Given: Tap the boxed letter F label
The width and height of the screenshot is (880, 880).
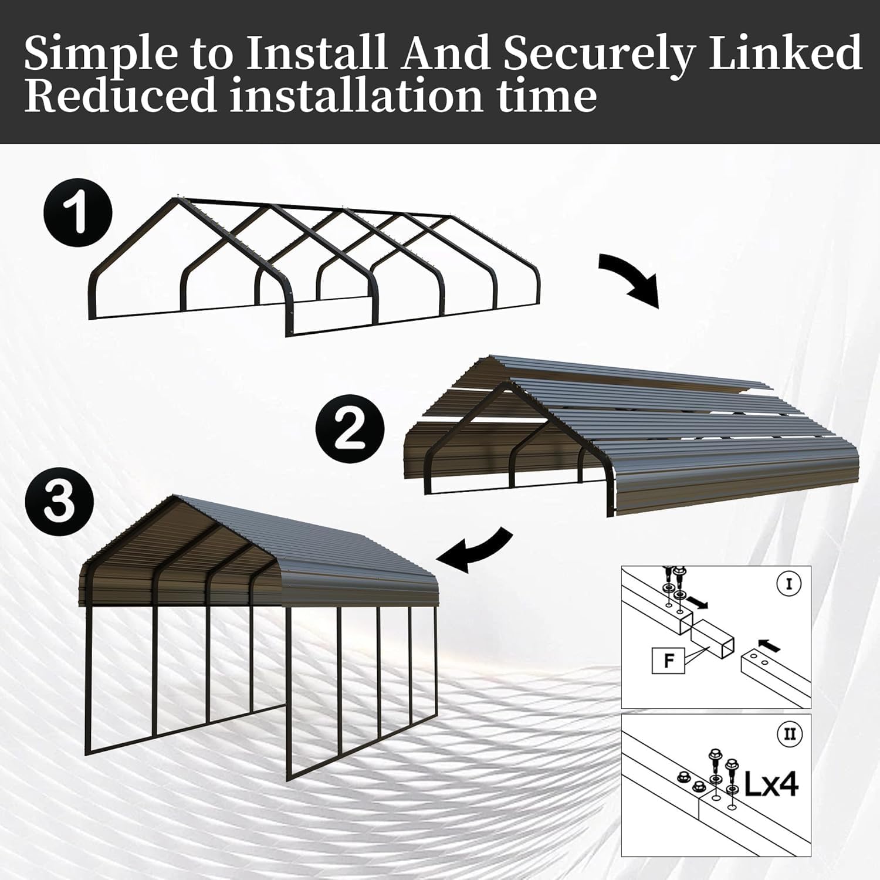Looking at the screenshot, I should [668, 661].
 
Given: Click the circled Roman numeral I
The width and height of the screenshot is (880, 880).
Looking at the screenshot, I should [788, 584].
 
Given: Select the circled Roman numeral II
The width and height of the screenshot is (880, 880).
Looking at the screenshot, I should [789, 734].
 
